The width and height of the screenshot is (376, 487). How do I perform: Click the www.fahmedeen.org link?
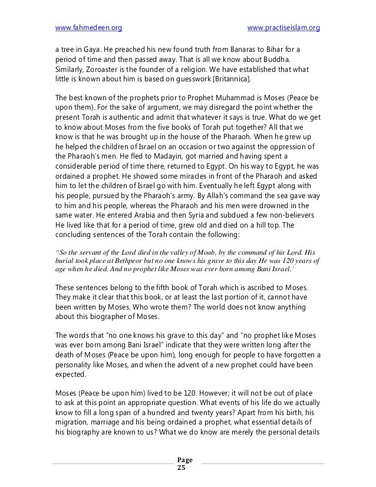(x=88, y=28)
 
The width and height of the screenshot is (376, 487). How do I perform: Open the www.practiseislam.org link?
(x=283, y=28)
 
